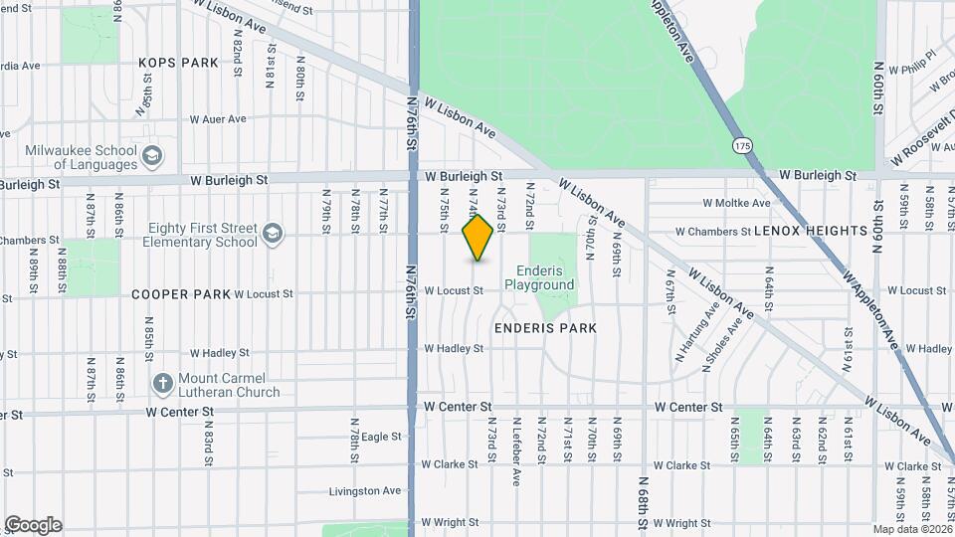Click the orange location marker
click(x=477, y=238)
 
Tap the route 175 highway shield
click(x=743, y=146)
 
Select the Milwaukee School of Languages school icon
click(x=152, y=156)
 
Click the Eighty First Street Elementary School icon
click(x=272, y=235)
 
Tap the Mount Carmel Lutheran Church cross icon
click(x=163, y=384)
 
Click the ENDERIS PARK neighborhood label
click(x=544, y=327)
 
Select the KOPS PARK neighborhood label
click(x=178, y=63)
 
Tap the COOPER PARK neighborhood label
click(x=181, y=294)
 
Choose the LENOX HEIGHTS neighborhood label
click(x=811, y=231)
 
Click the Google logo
click(x=33, y=525)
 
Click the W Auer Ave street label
click(x=217, y=119)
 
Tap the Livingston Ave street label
click(x=365, y=491)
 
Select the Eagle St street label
click(x=381, y=437)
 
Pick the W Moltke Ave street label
click(x=736, y=203)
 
